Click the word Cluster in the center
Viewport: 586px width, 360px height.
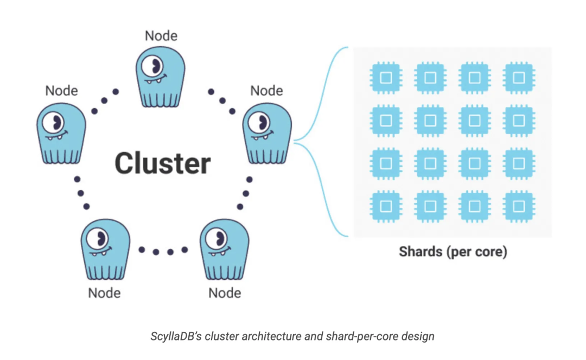[163, 163]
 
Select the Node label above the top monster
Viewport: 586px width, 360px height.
[161, 36]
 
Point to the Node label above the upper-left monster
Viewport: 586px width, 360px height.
[61, 90]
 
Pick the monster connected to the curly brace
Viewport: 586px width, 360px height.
[267, 134]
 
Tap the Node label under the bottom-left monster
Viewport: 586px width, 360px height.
[104, 293]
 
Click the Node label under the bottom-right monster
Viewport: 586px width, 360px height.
[225, 293]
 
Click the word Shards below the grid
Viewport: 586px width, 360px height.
[421, 252]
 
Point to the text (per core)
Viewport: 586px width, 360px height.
[477, 252]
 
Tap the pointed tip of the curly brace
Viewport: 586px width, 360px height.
[295, 142]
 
